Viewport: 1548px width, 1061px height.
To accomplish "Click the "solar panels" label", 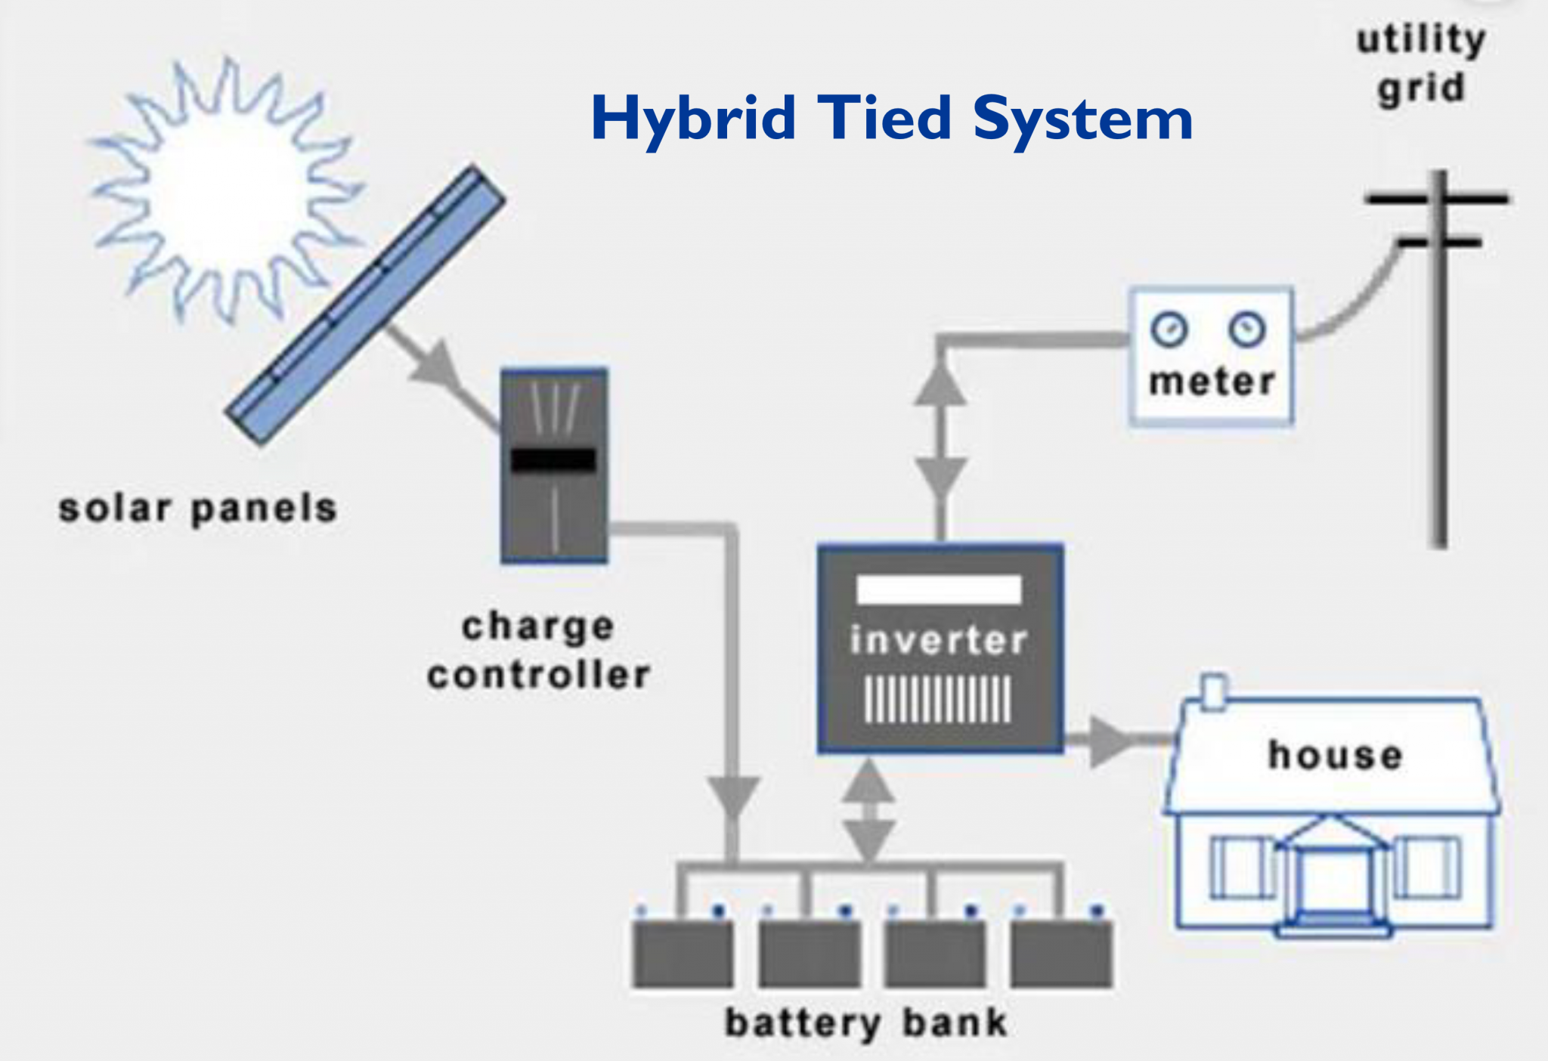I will tap(198, 509).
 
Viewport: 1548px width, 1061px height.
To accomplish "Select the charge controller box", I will tap(554, 466).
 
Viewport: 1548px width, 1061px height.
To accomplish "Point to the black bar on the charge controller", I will tap(554, 459).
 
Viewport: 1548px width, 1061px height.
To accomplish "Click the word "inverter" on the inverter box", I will tap(939, 641).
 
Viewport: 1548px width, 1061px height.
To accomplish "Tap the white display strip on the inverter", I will tap(939, 589).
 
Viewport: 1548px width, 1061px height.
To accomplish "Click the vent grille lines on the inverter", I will tap(938, 699).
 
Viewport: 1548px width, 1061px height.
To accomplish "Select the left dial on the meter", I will tap(1169, 330).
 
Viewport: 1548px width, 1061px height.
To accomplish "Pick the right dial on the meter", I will tap(1246, 329).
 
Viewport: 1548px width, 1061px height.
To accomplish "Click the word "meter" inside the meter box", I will tap(1212, 382).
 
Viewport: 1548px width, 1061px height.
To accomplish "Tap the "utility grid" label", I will tap(1421, 64).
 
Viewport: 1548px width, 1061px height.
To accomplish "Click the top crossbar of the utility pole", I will tap(1436, 200).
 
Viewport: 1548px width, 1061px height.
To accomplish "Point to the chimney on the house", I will tap(1213, 692).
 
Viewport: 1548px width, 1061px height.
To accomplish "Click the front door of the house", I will tap(1333, 883).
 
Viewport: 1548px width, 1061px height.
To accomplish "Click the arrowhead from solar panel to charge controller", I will tap(438, 367).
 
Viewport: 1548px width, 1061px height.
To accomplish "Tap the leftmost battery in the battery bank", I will tap(683, 954).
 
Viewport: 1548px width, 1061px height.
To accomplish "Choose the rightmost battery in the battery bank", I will tap(1061, 954).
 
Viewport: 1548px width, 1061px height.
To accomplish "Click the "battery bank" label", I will tap(866, 1024).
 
